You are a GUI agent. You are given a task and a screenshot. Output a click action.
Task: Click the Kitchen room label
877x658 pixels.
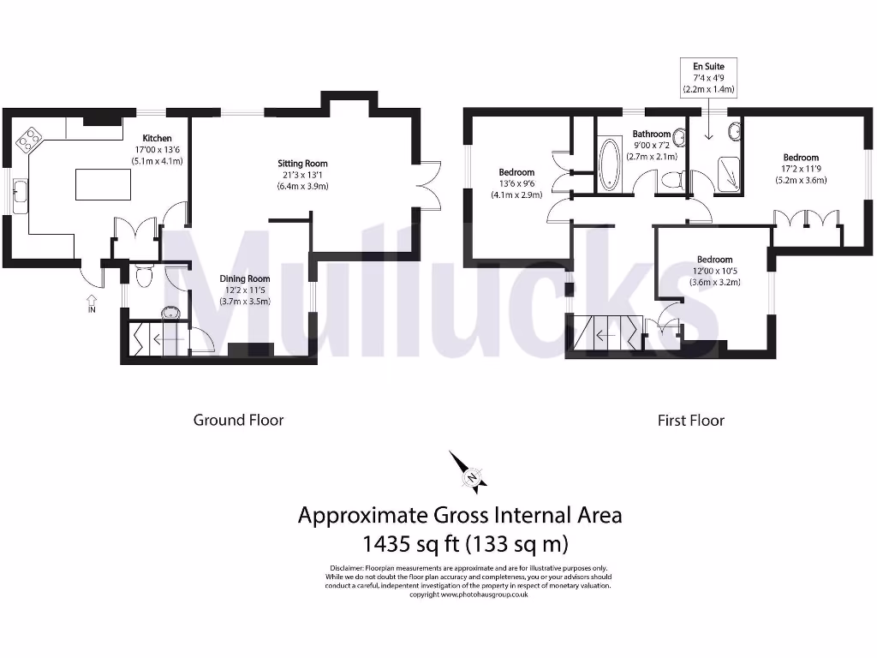tap(157, 138)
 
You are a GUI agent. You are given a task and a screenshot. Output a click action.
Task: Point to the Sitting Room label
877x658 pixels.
tap(302, 164)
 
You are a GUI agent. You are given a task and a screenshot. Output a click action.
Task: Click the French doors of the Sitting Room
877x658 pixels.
tap(428, 185)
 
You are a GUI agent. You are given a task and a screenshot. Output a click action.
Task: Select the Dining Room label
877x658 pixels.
tap(246, 278)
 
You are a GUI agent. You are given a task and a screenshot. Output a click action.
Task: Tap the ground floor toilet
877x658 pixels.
tap(143, 275)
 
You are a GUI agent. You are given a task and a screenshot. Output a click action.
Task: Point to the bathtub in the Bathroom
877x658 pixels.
tap(611, 163)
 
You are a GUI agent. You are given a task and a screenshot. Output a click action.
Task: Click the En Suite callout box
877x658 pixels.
tap(708, 77)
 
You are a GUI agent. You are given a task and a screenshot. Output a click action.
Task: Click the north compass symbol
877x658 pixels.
tap(471, 473)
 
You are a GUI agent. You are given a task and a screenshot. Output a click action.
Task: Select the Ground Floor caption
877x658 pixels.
tap(238, 420)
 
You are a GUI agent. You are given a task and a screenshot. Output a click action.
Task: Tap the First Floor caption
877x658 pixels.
tap(690, 421)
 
